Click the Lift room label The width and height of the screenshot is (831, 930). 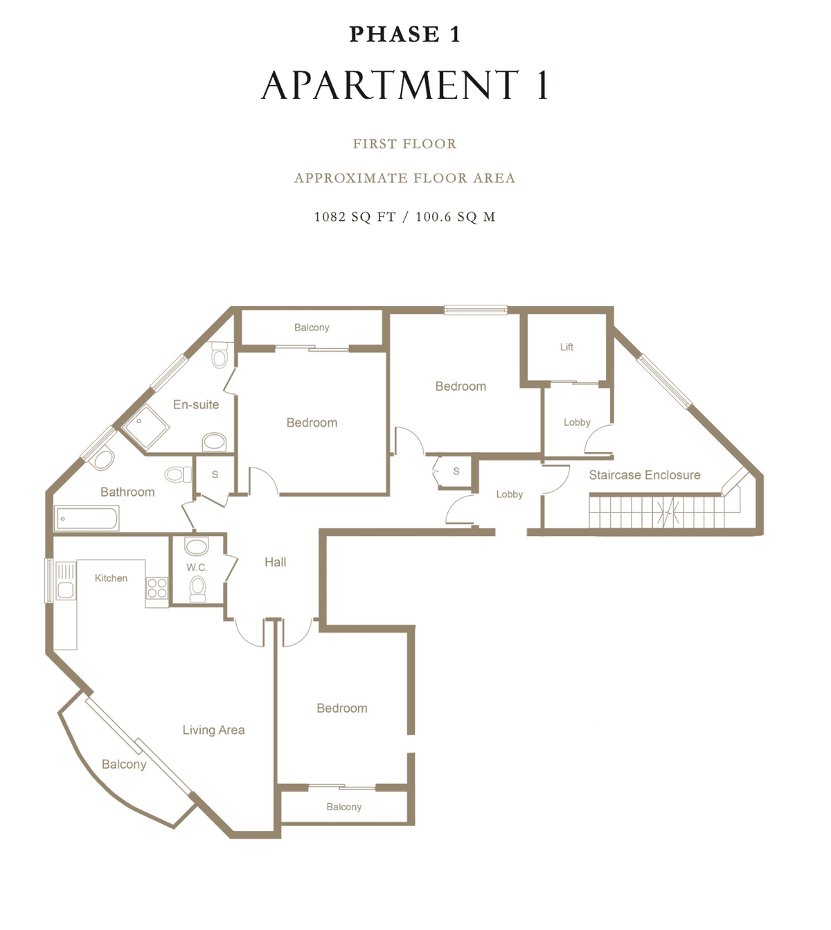[x=566, y=347]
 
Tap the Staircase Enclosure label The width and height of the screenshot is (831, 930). [x=645, y=474]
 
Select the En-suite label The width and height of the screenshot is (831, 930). [x=196, y=404]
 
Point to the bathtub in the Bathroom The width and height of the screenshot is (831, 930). [x=87, y=518]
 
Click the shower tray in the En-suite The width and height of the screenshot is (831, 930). [x=146, y=427]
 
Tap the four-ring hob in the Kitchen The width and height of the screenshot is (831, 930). [x=157, y=588]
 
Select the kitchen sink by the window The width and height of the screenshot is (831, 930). [x=65, y=590]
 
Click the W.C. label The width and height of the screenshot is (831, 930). [x=197, y=567]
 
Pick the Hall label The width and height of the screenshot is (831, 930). [x=276, y=562]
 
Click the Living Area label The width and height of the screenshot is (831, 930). [x=213, y=730]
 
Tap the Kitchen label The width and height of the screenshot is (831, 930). [x=111, y=578]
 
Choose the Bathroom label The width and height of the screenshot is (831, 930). [x=127, y=492]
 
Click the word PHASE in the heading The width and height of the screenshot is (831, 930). [x=394, y=35]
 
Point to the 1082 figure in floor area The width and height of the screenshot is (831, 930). [x=330, y=217]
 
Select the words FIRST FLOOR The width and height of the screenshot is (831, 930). [x=405, y=143]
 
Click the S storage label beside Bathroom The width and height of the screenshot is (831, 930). [x=215, y=474]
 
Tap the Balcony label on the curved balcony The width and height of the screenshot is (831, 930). [x=124, y=764]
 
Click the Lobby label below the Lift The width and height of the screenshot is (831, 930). [x=577, y=422]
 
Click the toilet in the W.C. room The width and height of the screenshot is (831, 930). [x=198, y=589]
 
